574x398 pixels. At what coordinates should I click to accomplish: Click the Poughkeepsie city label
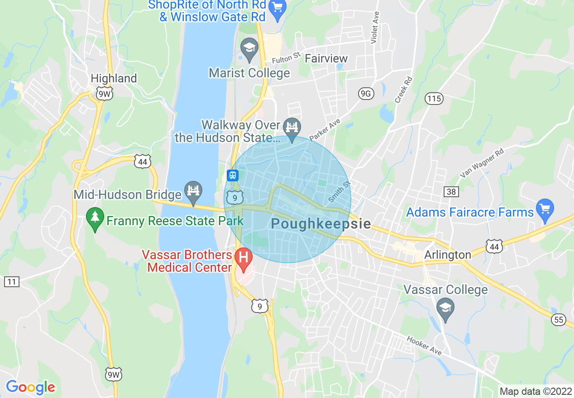320,224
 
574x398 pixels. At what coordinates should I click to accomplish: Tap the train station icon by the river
233,175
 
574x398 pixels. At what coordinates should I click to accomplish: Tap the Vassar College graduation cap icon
445,309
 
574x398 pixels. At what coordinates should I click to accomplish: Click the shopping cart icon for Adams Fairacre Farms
545,209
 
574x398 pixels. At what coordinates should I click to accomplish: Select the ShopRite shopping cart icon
276,7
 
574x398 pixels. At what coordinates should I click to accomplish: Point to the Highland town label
114,78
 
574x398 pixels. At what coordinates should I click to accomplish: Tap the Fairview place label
326,59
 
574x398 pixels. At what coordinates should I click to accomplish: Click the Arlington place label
447,255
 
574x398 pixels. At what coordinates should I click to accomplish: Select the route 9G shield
366,94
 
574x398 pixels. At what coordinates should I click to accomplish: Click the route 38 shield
451,192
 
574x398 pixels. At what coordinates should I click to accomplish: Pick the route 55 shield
559,320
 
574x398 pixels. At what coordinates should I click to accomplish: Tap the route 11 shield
11,282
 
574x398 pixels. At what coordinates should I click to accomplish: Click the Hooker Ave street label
424,345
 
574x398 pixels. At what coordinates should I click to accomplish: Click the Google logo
30,387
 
